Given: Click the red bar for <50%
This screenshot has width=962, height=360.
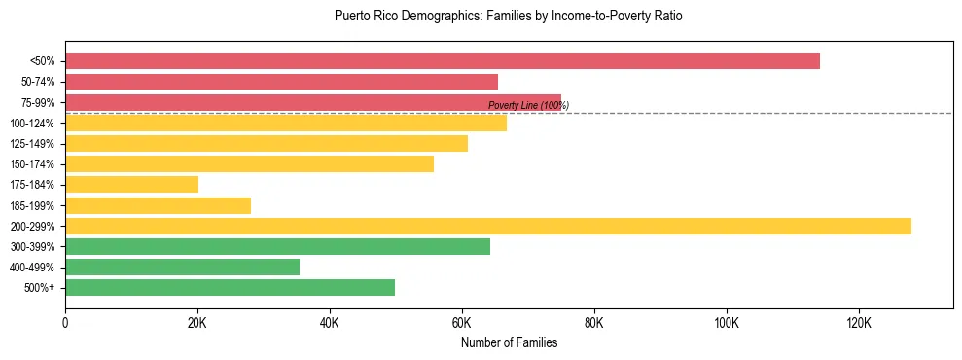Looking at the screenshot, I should (x=443, y=61).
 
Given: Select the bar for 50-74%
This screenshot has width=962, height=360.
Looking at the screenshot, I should (x=281, y=82).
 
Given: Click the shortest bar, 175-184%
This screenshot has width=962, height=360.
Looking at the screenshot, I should (x=131, y=185).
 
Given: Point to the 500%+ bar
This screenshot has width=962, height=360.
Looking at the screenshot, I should (x=230, y=287).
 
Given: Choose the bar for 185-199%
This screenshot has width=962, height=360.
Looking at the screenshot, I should (x=158, y=205).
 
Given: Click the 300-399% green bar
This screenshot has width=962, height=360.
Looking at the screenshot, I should (x=277, y=246).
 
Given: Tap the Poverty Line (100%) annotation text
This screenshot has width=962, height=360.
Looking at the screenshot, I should (x=528, y=105).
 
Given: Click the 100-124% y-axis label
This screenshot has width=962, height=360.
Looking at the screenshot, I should (x=32, y=124).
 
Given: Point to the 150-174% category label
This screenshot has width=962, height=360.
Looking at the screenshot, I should (x=32, y=164).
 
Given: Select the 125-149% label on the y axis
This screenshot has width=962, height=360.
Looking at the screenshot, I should (x=32, y=144).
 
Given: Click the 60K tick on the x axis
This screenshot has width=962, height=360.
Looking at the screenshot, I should (x=462, y=322).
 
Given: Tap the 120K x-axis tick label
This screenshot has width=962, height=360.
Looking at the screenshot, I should (x=859, y=322).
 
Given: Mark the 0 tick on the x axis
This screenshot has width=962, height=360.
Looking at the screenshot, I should (x=65, y=322).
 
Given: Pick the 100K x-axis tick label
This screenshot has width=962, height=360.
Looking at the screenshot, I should (x=727, y=322).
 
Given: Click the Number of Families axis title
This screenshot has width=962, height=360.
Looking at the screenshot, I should (x=509, y=342).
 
